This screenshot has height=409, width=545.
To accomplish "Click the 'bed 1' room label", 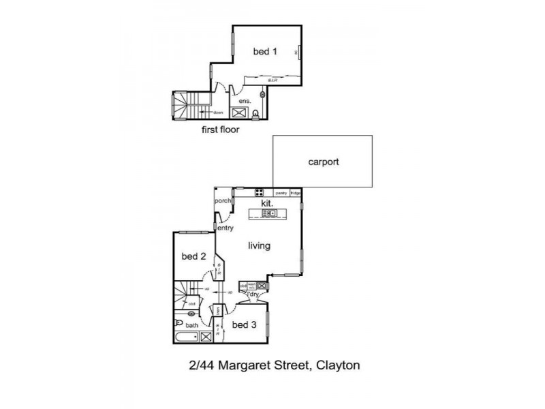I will coord(265,51).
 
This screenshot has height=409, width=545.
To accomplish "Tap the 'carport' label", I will coord(324,162).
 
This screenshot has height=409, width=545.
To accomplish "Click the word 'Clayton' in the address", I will coord(337,365).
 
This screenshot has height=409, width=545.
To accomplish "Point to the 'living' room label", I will coord(259,245).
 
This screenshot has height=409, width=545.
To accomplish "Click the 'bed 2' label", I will coord(193,256).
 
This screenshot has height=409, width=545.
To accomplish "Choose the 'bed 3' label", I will coord(244,324).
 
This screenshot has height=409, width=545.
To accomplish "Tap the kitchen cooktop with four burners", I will coord(260,193).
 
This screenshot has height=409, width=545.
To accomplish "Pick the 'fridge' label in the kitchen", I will coord(296,194).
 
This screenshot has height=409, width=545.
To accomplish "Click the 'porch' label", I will coord(223,201).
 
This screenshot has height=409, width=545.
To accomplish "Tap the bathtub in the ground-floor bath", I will coord(186,337).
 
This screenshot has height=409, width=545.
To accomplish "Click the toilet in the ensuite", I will coord(255,114).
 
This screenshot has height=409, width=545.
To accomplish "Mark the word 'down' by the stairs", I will coord(218,112).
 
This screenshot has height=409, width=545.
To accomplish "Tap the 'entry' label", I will coord(225,228).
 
